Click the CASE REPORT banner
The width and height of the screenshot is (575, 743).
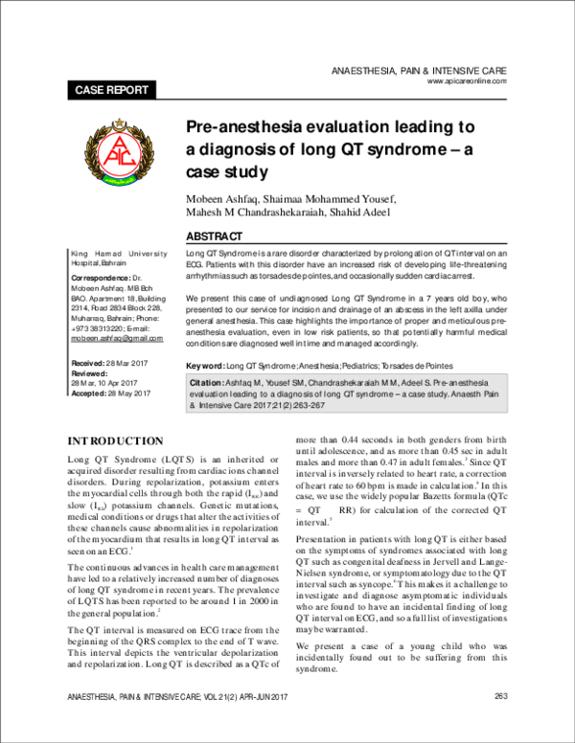point(111,90)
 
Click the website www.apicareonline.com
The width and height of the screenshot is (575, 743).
point(472,82)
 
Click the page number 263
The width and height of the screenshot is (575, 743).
point(500,722)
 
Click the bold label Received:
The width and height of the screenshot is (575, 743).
point(93,365)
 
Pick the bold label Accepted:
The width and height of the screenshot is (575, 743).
point(94,393)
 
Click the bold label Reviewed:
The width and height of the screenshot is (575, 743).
point(95,374)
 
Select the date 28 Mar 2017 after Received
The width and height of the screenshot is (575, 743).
point(134,365)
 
